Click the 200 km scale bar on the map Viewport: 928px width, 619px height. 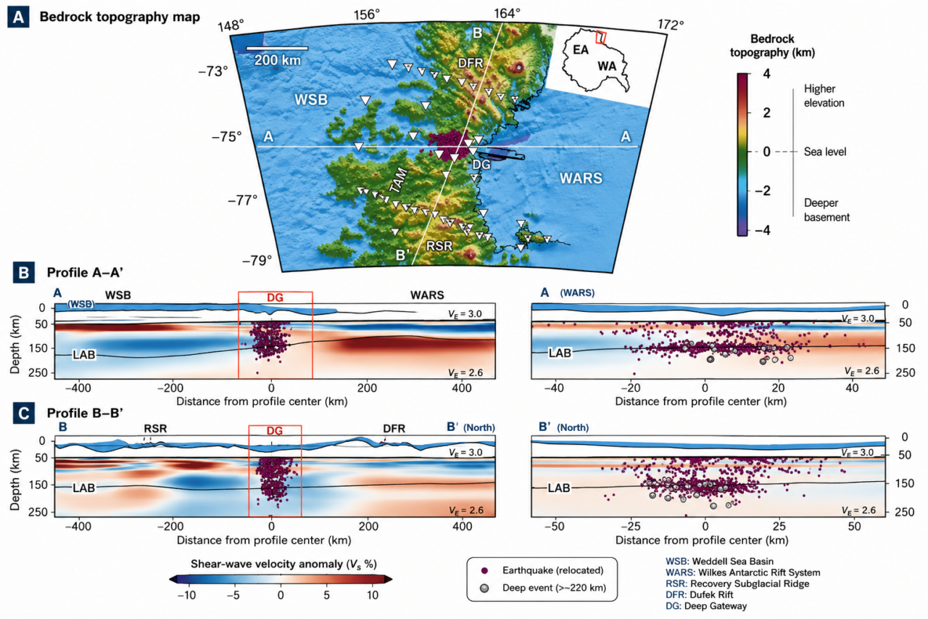pos(277,48)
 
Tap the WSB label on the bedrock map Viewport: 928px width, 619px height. pos(311,99)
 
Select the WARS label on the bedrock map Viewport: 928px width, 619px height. pos(581,179)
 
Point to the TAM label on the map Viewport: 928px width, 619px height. pos(399,181)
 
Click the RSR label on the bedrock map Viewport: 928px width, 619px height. pos(439,246)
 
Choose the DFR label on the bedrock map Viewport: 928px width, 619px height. pos(471,63)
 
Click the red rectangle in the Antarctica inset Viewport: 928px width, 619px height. pos(601,37)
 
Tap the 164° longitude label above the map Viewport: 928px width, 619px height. pos(507,14)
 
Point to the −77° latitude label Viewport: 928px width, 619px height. pos(243,200)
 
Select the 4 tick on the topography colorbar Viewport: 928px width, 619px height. pos(766,74)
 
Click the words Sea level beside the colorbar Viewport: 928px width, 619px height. pos(825,152)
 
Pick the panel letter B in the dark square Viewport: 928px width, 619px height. pos(24,272)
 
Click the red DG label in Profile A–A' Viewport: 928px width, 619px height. pos(275,298)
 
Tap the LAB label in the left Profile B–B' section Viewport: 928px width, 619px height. pos(83,488)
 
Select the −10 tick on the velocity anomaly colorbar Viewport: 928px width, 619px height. pos(186,595)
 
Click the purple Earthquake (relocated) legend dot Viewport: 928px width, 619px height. pos(484,570)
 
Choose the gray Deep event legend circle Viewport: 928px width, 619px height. pos(484,588)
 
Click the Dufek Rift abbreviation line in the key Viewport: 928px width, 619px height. pos(700,594)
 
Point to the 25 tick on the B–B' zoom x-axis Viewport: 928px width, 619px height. pos(779,526)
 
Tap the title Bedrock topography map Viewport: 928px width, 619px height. pos(120,17)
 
